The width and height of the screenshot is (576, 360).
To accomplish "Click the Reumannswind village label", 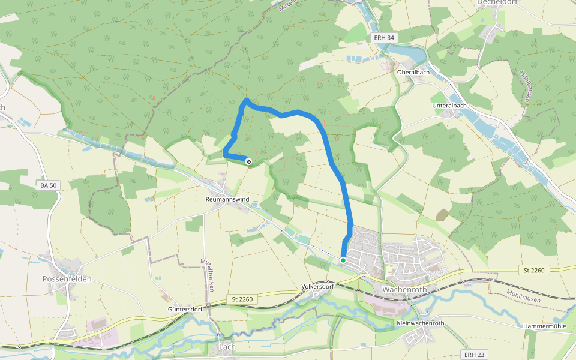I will pyautogui.click(x=227, y=199).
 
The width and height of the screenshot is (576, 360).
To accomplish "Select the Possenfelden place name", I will pyautogui.click(x=66, y=279).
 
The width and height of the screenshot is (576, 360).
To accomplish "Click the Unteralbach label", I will pyautogui.click(x=449, y=106).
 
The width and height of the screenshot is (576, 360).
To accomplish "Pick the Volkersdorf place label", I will pyautogui.click(x=317, y=286).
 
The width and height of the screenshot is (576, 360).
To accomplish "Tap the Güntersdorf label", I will pyautogui.click(x=188, y=310).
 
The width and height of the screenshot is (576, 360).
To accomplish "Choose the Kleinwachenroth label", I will pyautogui.click(x=420, y=323).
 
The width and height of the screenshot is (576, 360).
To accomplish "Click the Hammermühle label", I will pyautogui.click(x=545, y=326).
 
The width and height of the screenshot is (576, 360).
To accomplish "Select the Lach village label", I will pyautogui.click(x=227, y=347).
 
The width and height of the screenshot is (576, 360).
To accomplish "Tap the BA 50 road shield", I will pyautogui.click(x=49, y=185).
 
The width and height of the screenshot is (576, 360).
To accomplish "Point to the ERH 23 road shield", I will pyautogui.click(x=473, y=355).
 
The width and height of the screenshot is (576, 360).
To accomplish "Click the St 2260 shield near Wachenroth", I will pyautogui.click(x=533, y=271).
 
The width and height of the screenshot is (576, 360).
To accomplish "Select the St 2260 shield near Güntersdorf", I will pyautogui.click(x=242, y=299).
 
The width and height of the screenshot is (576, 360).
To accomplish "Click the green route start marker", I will pyautogui.click(x=343, y=260).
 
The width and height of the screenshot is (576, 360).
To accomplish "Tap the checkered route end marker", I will pyautogui.click(x=248, y=160).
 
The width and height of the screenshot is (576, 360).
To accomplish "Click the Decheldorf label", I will pyautogui.click(x=497, y=2).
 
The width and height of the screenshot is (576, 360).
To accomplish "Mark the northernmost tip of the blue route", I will pyautogui.click(x=247, y=99).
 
